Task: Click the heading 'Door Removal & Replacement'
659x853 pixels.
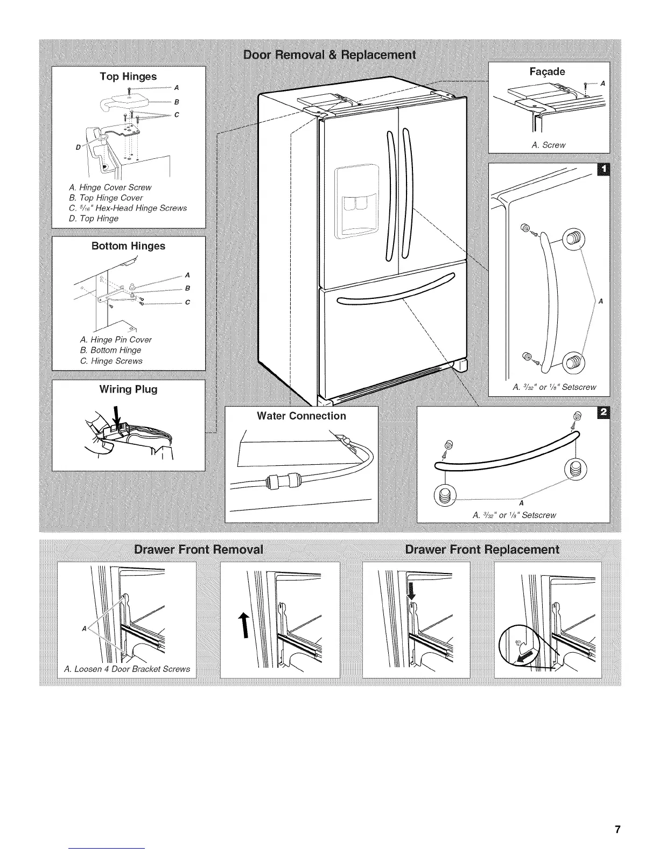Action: [329, 54]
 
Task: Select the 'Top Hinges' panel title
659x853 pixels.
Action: [128, 76]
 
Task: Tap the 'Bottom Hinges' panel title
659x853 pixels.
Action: [128, 246]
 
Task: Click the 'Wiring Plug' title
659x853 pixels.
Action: [128, 389]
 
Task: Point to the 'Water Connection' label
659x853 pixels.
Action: [302, 416]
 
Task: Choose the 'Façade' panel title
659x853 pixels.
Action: [548, 72]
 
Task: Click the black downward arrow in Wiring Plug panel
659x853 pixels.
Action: [116, 417]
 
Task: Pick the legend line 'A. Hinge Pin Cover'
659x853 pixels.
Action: [116, 340]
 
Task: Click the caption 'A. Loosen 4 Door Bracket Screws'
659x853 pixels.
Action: [127, 669]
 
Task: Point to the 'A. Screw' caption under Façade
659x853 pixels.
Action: [548, 145]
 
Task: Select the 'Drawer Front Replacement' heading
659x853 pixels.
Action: [482, 550]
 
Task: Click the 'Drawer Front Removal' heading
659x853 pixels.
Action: [199, 550]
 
